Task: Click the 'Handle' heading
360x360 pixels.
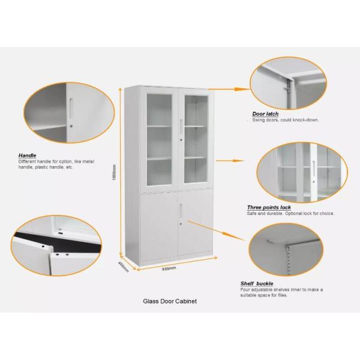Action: pos(27,155)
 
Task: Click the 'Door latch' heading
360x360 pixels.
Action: pos(265,114)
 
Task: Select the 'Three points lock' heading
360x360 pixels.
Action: pos(269,207)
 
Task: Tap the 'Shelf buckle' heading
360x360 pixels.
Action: pos(257,283)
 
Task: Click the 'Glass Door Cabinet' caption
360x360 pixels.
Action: pos(170,301)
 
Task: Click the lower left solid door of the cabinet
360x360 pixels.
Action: pos(158,222)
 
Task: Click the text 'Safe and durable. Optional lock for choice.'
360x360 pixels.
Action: pos(290,214)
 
